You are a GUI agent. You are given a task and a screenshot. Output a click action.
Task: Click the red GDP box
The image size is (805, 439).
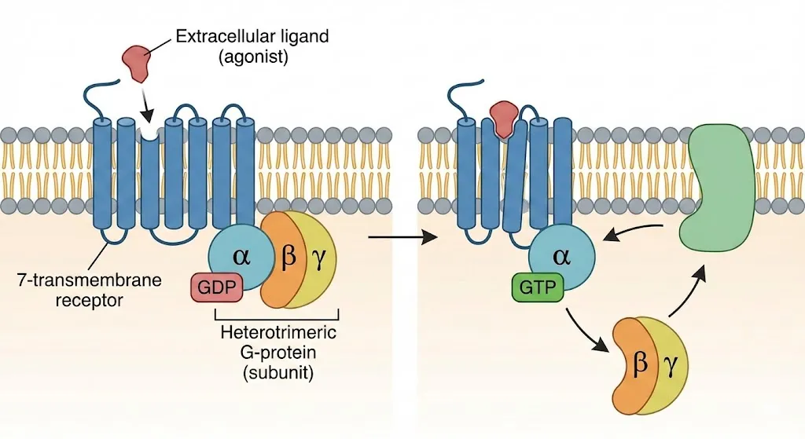coord(216,288)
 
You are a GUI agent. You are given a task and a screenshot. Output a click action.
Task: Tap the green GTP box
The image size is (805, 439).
coord(538,288)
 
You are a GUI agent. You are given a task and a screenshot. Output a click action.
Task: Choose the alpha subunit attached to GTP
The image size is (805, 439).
coord(559,255)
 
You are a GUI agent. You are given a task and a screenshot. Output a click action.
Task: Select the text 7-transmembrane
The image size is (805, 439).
coord(66,280)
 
